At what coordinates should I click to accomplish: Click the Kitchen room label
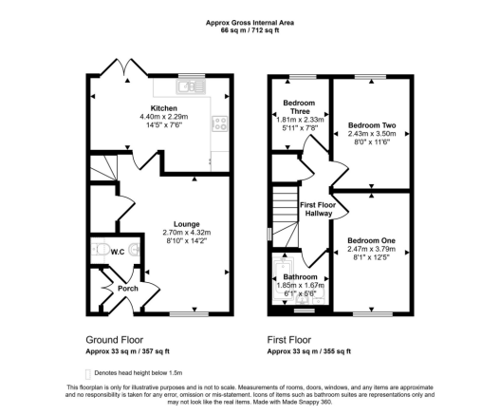[164, 108]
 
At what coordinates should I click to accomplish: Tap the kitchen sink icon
[191, 86]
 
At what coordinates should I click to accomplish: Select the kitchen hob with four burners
[220, 123]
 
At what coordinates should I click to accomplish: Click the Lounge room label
[187, 224]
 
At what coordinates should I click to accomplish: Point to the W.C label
[118, 252]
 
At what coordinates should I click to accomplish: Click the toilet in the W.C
[99, 250]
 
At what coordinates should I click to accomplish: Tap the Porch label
[128, 289]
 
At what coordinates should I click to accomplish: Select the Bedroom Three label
[299, 107]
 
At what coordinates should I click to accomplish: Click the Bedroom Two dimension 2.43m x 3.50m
[372, 134]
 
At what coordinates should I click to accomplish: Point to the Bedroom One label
[372, 240]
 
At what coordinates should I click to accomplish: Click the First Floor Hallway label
[318, 209]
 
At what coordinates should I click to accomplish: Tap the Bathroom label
[300, 276]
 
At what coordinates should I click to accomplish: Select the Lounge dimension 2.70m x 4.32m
[187, 233]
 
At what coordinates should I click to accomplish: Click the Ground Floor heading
[115, 340]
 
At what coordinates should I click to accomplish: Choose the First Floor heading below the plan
[289, 340]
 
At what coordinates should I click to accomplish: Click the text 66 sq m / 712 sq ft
[250, 30]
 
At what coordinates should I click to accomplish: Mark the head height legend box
[88, 374]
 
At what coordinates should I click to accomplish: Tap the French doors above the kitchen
[124, 67]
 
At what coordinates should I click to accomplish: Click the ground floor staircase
[102, 168]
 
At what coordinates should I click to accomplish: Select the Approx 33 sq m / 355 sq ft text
[309, 351]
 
